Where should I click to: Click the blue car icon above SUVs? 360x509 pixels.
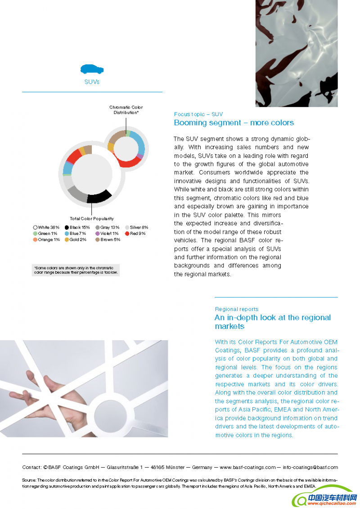(92, 69)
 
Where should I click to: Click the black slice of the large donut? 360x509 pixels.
(99, 197)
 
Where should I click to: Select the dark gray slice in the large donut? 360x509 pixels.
(77, 194)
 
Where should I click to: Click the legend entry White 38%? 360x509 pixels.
(46, 228)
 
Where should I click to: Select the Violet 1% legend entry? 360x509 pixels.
(107, 234)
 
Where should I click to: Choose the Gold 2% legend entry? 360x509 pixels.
(75, 240)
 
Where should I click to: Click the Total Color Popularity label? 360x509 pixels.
(91, 219)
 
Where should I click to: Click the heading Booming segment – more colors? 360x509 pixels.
(234, 123)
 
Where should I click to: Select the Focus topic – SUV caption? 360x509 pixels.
(198, 114)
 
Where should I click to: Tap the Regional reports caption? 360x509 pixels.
(236, 309)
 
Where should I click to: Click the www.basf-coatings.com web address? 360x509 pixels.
(247, 467)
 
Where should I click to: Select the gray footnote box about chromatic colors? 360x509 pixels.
(76, 270)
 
